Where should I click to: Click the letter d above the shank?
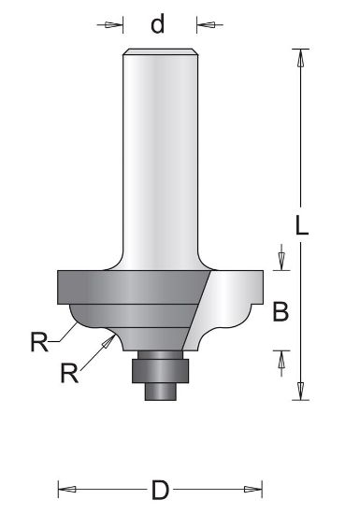tap(158, 23)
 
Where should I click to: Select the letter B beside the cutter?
tap(281, 312)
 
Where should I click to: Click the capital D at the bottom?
tap(161, 489)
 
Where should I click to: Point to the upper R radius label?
tap(38, 341)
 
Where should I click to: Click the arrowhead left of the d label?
tap(118, 24)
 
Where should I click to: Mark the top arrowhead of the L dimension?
tap(301, 56)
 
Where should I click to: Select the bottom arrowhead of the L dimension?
tap(301, 393)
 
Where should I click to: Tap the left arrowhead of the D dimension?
tap(66, 489)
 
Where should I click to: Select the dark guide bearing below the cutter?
tap(160, 366)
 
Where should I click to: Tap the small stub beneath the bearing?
tap(160, 390)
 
